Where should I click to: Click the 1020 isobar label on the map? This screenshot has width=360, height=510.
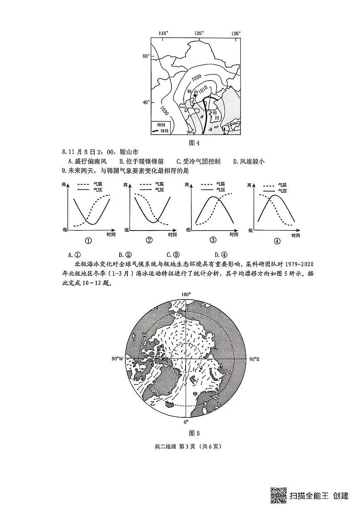pyautogui.click(x=196, y=77)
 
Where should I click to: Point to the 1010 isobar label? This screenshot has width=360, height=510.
pyautogui.click(x=203, y=89)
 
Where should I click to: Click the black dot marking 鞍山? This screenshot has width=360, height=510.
pyautogui.click(x=195, y=96)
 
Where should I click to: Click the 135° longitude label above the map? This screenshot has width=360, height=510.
pyautogui.click(x=235, y=33)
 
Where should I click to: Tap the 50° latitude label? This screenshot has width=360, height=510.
pyautogui.click(x=146, y=56)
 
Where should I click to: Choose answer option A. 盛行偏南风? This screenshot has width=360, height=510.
pyautogui.click(x=87, y=162)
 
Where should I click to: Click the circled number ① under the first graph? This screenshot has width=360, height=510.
pyautogui.click(x=88, y=240)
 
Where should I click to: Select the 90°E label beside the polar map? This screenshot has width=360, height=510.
pyautogui.click(x=255, y=359)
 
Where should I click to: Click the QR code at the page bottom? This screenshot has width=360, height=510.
pyautogui.click(x=279, y=495)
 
